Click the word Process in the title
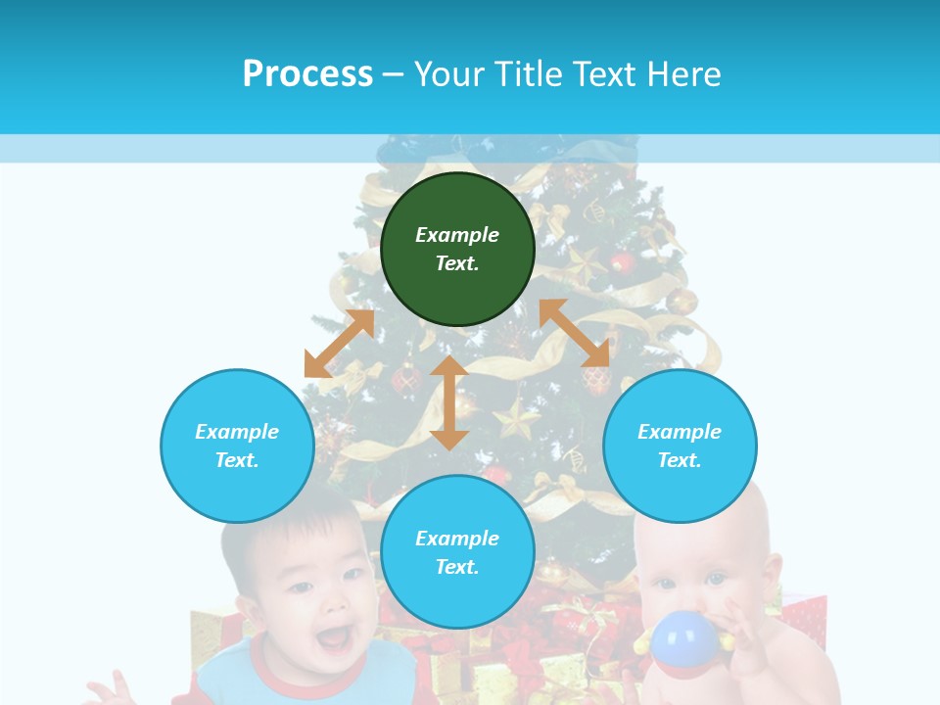[x=307, y=74]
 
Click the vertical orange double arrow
[x=449, y=402]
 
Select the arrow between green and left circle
[x=339, y=344]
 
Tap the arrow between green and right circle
[x=575, y=333]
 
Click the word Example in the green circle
[x=457, y=235]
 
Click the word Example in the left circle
[x=237, y=432]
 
